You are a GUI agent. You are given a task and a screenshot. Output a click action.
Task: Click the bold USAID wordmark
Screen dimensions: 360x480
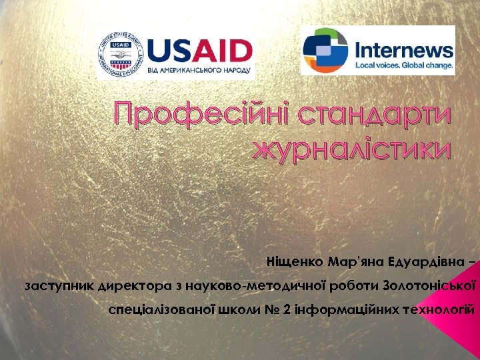pos(200,50)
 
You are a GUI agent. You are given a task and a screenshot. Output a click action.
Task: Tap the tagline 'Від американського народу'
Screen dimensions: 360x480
pos(200,70)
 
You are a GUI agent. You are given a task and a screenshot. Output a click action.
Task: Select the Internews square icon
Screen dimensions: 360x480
pos(325,50)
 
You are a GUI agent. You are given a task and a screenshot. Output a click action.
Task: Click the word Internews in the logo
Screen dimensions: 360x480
pos(404,49)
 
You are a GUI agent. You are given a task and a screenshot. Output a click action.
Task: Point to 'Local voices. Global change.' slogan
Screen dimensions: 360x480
pos(404,65)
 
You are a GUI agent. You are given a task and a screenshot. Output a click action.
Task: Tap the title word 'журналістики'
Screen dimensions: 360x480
pos(352,149)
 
